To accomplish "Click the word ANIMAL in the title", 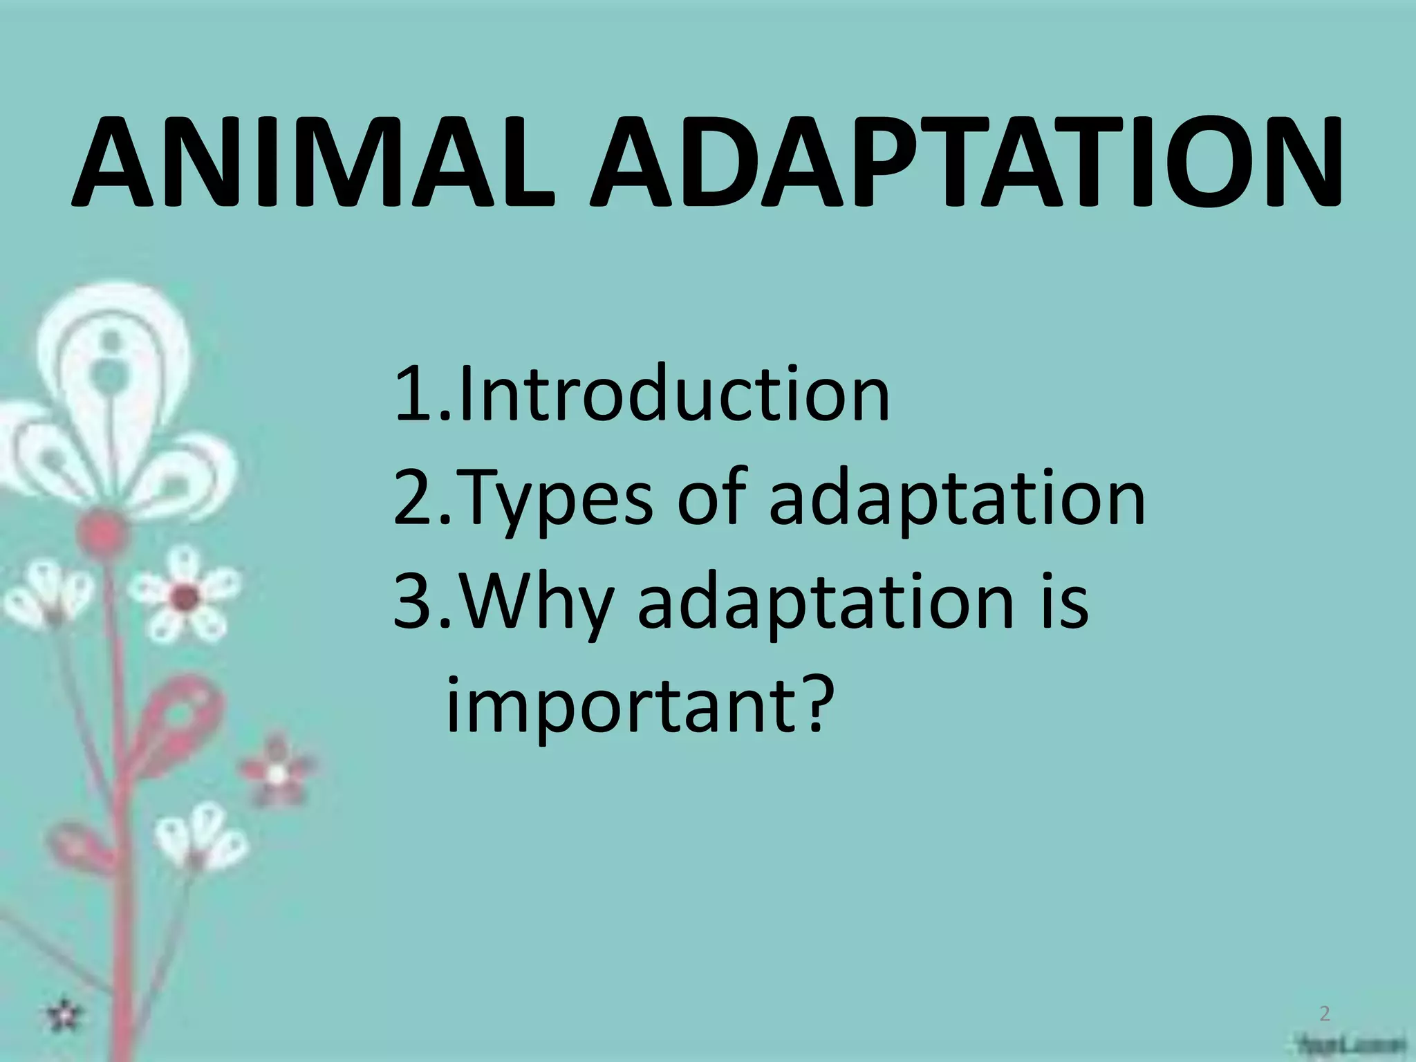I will (x=313, y=164).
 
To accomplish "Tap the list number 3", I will (x=413, y=603).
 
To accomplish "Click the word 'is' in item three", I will (x=1061, y=602).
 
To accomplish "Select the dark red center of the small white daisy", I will (x=185, y=596).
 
